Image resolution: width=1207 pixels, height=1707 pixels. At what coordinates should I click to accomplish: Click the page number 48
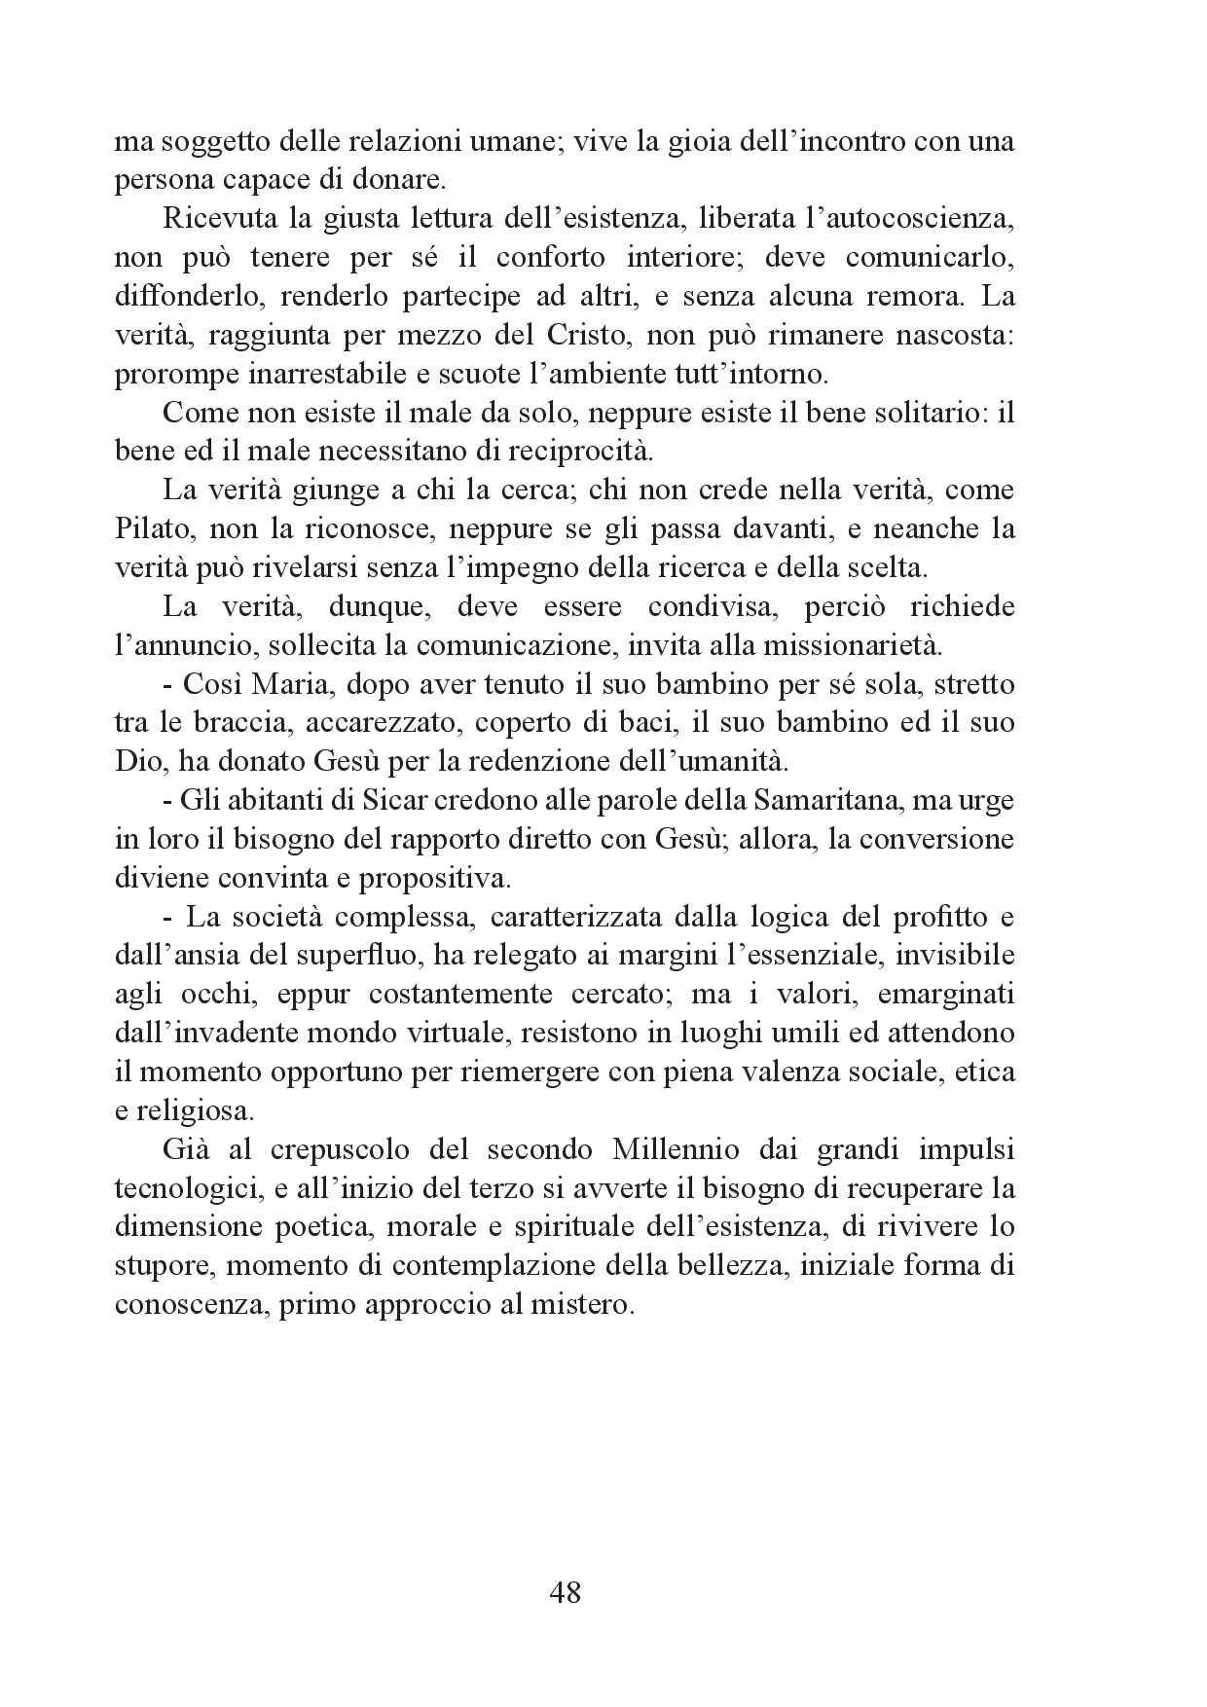pos(566,1592)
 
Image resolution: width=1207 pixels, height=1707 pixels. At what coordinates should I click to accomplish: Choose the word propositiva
pos(435,879)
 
